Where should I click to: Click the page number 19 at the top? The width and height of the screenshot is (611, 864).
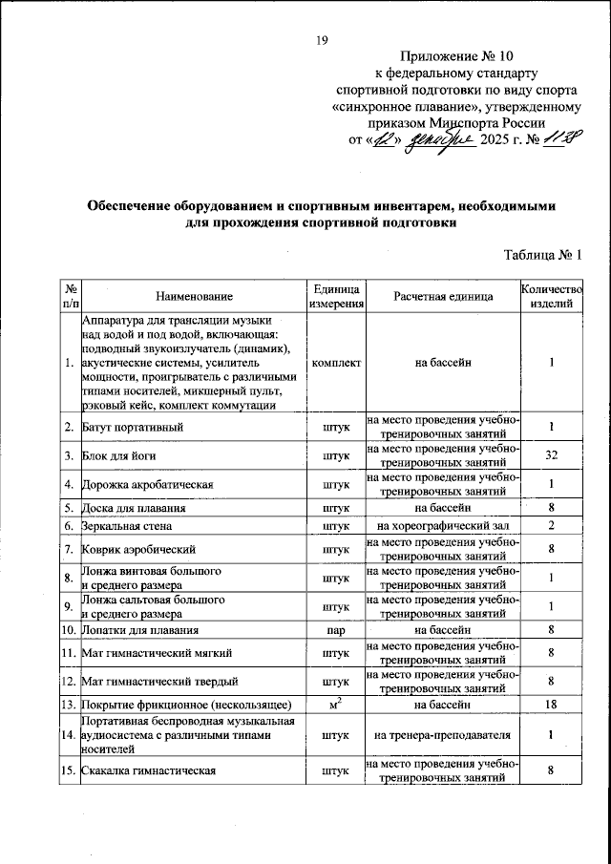[322, 39]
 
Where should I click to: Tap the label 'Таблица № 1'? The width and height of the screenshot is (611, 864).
[541, 254]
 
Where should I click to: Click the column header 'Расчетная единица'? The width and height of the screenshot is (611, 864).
[443, 297]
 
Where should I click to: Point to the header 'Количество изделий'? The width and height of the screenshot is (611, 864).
[550, 297]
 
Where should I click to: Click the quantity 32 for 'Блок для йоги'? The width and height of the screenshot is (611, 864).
[551, 455]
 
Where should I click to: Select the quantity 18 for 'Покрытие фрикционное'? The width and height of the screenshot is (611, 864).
[551, 705]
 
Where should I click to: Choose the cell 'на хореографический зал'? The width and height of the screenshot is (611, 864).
[443, 526]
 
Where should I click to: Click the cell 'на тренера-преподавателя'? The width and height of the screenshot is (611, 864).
[443, 735]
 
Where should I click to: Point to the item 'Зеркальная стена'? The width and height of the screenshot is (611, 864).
[125, 526]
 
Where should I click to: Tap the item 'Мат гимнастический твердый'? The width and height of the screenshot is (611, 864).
[158, 682]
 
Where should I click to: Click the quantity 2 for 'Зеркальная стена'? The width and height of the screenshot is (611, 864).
[551, 526]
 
